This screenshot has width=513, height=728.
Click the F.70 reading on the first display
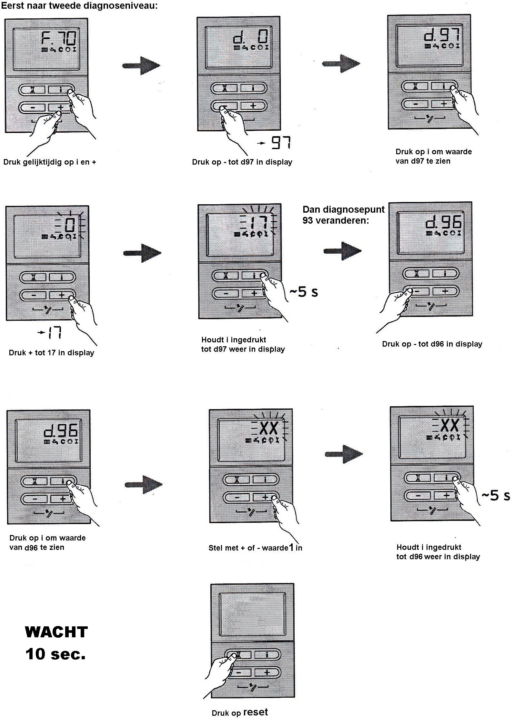pyautogui.click(x=59, y=38)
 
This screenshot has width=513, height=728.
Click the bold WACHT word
pyautogui.click(x=56, y=632)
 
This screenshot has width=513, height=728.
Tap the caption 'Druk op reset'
pyautogui.click(x=240, y=712)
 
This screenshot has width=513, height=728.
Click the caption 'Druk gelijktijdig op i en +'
pyautogui.click(x=50, y=162)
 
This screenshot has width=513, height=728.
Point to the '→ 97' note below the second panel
pyautogui.click(x=275, y=143)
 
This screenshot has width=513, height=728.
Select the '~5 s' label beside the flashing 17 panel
pyautogui.click(x=303, y=292)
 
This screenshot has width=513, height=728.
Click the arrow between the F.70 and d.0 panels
pyautogui.click(x=141, y=66)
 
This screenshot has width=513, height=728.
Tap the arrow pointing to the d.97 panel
pyautogui.click(x=341, y=63)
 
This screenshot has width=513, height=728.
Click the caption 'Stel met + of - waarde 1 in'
pyautogui.click(x=255, y=548)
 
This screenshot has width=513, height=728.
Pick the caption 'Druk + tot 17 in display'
pyautogui.click(x=51, y=353)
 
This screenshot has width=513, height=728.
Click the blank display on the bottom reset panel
pyautogui.click(x=252, y=613)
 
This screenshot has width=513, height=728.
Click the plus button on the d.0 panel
pyautogui.click(x=253, y=106)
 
